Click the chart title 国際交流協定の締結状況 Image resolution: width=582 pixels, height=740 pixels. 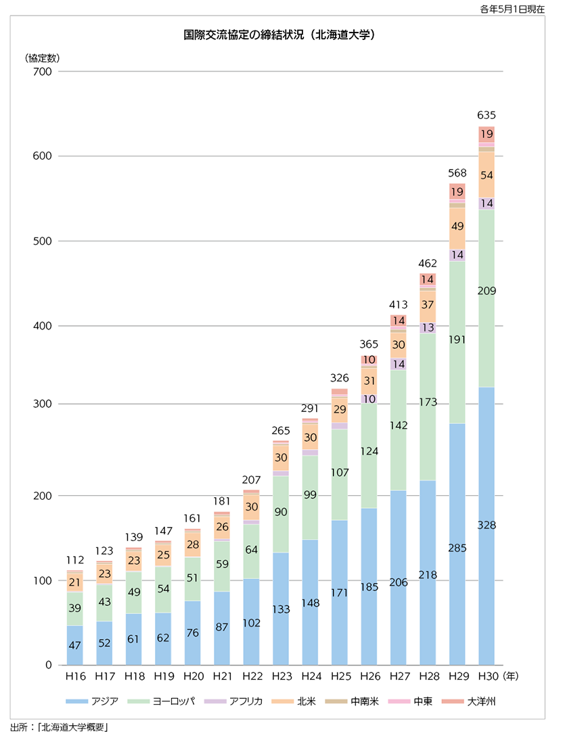(x=279, y=34)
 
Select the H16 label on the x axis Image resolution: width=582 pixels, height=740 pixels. (x=74, y=675)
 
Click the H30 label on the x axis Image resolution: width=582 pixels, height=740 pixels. (x=487, y=675)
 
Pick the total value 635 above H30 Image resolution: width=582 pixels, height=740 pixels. (x=487, y=116)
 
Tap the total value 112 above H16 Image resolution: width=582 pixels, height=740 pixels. (x=74, y=560)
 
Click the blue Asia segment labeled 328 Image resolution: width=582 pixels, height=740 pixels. (x=487, y=526)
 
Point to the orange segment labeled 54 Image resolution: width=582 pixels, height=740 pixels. (x=487, y=175)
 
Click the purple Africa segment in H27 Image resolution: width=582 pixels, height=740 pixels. (x=399, y=364)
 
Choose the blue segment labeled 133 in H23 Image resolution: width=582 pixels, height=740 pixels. (x=281, y=609)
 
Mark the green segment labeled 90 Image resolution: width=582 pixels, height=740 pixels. (x=281, y=512)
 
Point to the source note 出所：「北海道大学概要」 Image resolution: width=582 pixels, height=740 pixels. (x=60, y=728)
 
